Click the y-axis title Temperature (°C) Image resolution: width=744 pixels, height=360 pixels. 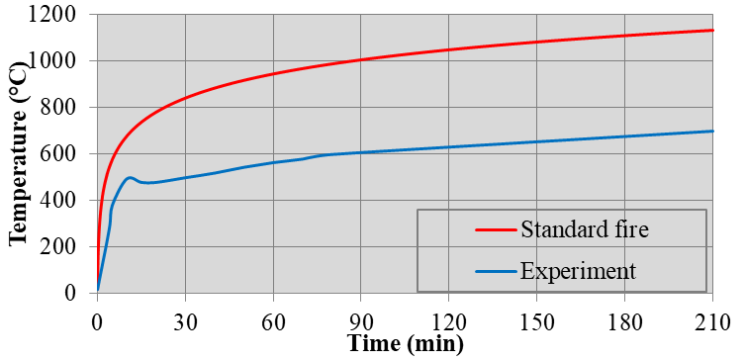click(x=17, y=155)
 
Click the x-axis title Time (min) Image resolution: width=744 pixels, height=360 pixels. click(x=404, y=345)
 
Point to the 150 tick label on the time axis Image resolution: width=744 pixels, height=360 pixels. click(x=536, y=319)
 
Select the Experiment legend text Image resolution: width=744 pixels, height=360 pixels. click(x=577, y=270)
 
